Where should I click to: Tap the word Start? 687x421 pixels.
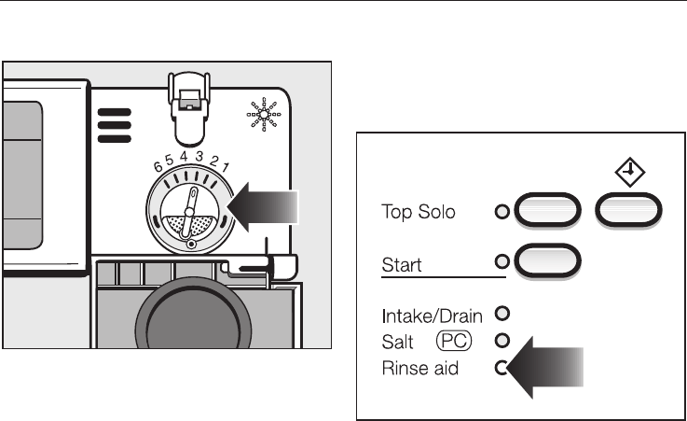[402, 265]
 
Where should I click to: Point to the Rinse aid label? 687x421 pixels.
[420, 370]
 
